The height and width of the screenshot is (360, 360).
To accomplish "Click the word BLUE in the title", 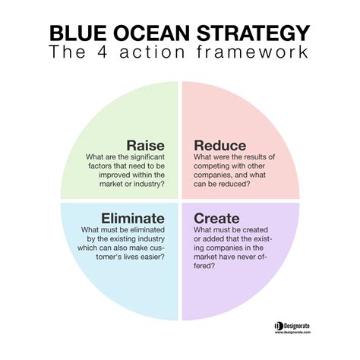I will tap(79, 34).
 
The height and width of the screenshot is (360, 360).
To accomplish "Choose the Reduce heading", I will tap(221, 144).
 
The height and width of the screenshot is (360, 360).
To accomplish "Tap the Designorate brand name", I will tap(305, 324).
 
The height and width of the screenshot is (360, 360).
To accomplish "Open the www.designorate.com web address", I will tap(304, 333).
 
